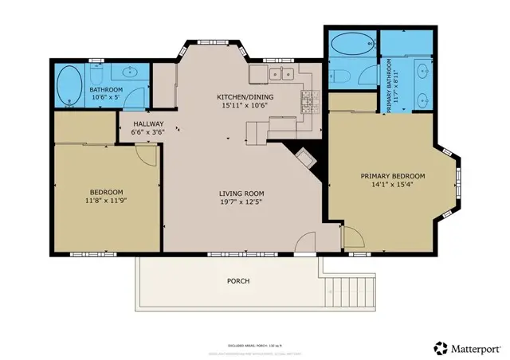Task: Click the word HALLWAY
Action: pos(148,123)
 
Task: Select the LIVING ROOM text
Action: pos(241,194)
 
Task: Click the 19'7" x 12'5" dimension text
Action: pos(241,203)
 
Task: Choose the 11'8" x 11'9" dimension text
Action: pos(106,201)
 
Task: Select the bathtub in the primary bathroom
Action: pos(351,45)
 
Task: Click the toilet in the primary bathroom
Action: pos(340,76)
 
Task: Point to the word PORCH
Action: pos(238,281)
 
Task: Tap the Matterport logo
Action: pos(465,347)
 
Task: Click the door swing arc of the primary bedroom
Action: pos(354,238)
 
